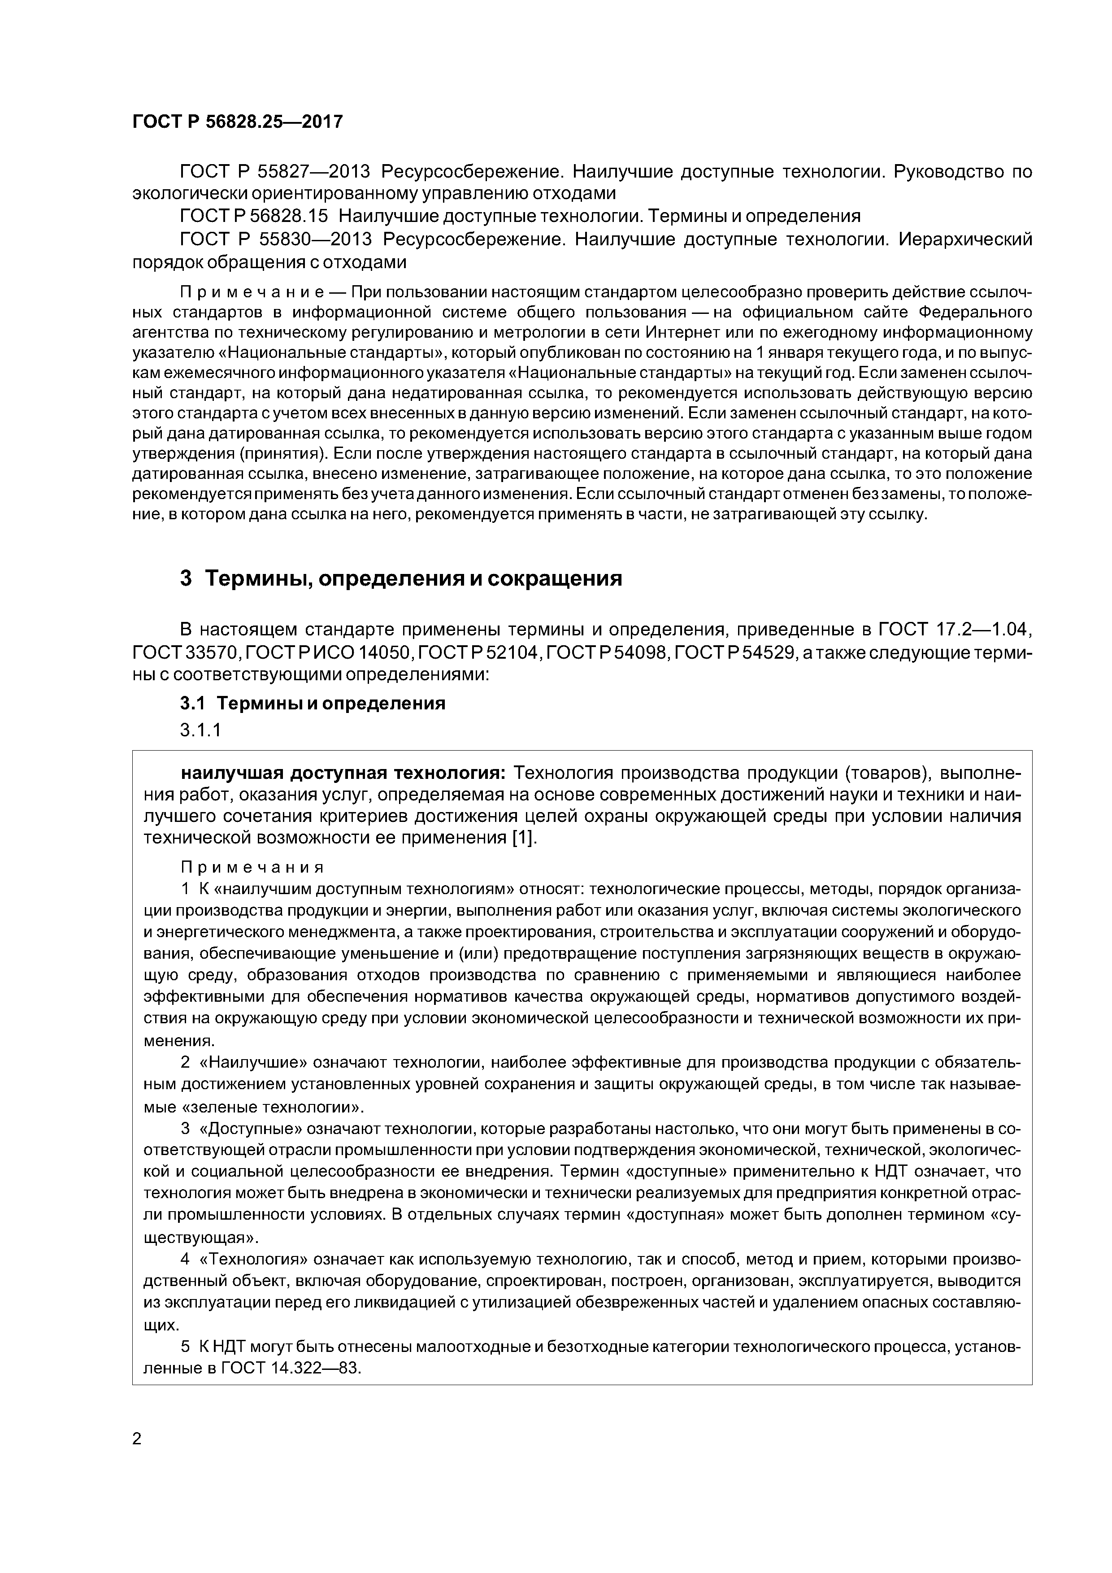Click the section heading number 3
coord(186,578)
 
